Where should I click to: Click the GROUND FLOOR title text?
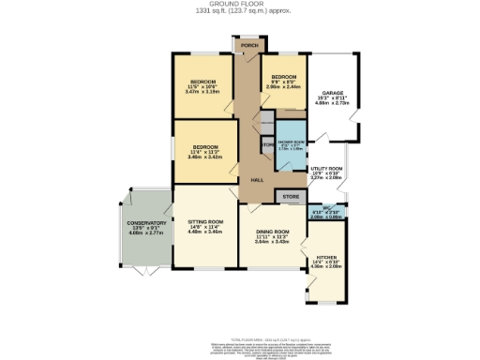pos(242,4)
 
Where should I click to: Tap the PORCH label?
pos(248,45)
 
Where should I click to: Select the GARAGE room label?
pos(329,93)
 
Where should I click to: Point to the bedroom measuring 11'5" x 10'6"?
pos(202,86)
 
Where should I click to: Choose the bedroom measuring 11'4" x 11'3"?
pos(206,152)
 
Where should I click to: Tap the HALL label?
pos(255,180)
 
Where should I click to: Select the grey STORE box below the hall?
pos(291,196)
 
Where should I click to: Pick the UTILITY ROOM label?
pos(327,171)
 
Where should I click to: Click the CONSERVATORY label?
pos(142,226)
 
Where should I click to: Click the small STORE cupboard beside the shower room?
pos(266,144)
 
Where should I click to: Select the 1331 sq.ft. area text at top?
pos(242,11)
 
